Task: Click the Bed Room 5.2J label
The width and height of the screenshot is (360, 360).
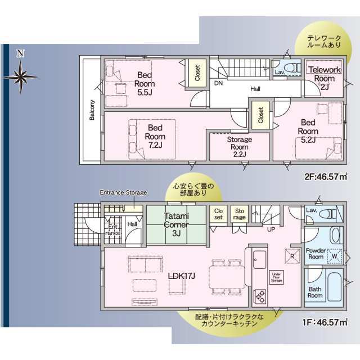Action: pos(307,131)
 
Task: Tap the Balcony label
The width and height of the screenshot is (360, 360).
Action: pos(91,110)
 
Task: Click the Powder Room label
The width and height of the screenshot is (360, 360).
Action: pos(316,253)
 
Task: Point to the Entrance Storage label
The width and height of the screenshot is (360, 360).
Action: pos(123,192)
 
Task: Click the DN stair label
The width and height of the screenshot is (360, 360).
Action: pos(217,83)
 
